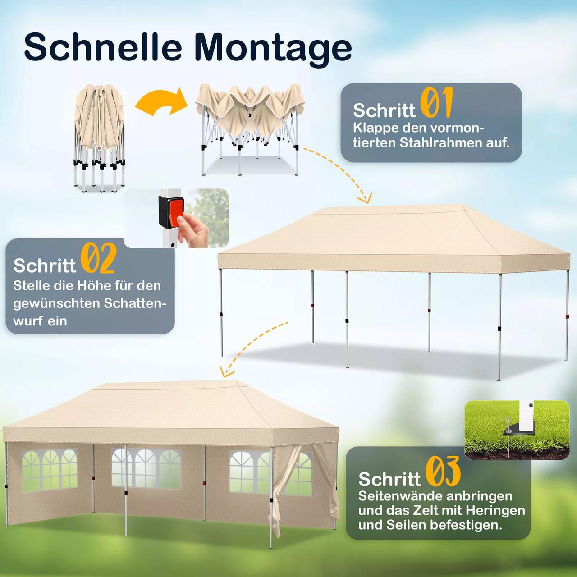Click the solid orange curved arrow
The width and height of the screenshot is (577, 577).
161,102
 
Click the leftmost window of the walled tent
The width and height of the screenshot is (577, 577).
50,469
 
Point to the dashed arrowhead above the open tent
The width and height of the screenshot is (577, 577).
365,198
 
